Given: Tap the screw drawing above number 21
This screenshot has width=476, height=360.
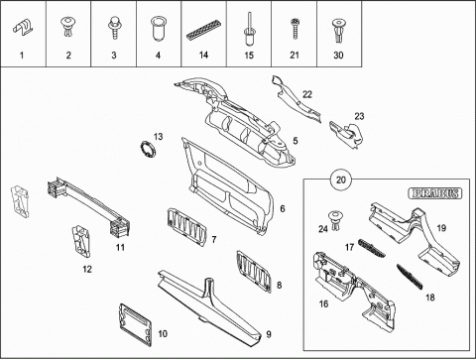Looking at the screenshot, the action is [295, 29].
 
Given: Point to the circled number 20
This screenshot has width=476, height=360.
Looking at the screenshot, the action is [341, 180].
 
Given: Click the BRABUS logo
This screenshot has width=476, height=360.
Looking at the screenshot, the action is [435, 193].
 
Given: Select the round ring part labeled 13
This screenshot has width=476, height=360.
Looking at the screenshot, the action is [148, 150].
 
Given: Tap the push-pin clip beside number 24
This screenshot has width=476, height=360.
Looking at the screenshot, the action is [336, 221].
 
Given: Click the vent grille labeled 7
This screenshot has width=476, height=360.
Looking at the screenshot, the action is [187, 227].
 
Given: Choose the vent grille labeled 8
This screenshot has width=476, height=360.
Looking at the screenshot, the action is [254, 272].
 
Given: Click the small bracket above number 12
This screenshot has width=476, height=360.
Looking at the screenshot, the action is [81, 241].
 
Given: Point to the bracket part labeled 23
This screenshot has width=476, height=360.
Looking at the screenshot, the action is [346, 135].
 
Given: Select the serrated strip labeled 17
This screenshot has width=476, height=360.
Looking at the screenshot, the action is [372, 248].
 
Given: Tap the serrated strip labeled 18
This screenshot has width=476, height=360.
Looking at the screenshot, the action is [410, 277].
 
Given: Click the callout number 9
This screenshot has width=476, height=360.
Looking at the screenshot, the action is [269, 334].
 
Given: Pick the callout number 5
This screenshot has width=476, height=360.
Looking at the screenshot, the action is [296, 141].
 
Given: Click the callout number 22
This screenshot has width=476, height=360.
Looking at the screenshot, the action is [307, 94].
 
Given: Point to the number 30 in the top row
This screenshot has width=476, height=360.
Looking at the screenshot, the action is [338, 56].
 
